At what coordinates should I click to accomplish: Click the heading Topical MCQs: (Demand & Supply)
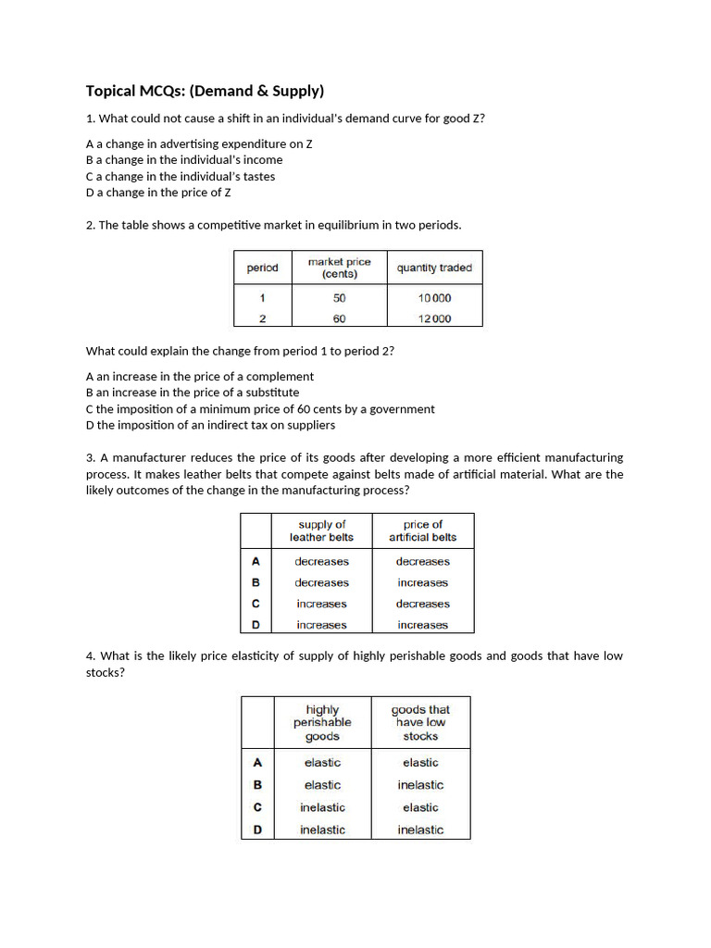point(205,91)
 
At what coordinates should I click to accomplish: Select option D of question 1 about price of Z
point(158,193)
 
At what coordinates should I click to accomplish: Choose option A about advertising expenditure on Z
point(199,144)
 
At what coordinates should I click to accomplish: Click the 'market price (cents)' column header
point(339,268)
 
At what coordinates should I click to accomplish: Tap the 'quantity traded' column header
point(434,268)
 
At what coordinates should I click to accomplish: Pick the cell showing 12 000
point(434,318)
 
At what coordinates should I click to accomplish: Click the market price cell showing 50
point(339,298)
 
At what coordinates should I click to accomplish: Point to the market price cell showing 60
point(339,318)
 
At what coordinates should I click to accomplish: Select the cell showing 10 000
point(434,298)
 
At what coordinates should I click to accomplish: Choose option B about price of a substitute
point(193,393)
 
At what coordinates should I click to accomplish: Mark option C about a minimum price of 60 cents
point(260,409)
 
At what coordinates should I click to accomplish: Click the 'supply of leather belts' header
point(321,530)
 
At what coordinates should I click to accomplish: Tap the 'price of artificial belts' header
point(422,530)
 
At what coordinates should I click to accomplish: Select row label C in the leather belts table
point(256,604)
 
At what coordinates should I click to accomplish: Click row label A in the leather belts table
point(256,561)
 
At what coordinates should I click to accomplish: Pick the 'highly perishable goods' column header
point(322,722)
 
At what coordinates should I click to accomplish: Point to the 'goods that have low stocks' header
point(420,722)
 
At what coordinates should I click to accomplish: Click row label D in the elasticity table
point(257,829)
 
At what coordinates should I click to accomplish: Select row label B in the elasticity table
point(257,785)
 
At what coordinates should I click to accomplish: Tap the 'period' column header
point(262,268)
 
